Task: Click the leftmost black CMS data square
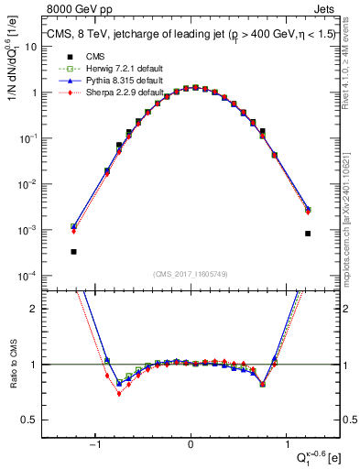(x=73, y=251)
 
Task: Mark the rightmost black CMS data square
(x=308, y=234)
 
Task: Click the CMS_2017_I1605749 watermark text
(x=190, y=273)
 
